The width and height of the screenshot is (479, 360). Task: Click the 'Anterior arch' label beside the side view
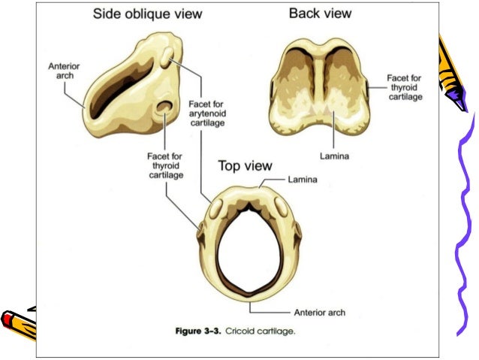tap(63, 72)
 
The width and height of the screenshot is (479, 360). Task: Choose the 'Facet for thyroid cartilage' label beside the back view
tap(405, 87)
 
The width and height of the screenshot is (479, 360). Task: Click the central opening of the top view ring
tap(249, 248)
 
